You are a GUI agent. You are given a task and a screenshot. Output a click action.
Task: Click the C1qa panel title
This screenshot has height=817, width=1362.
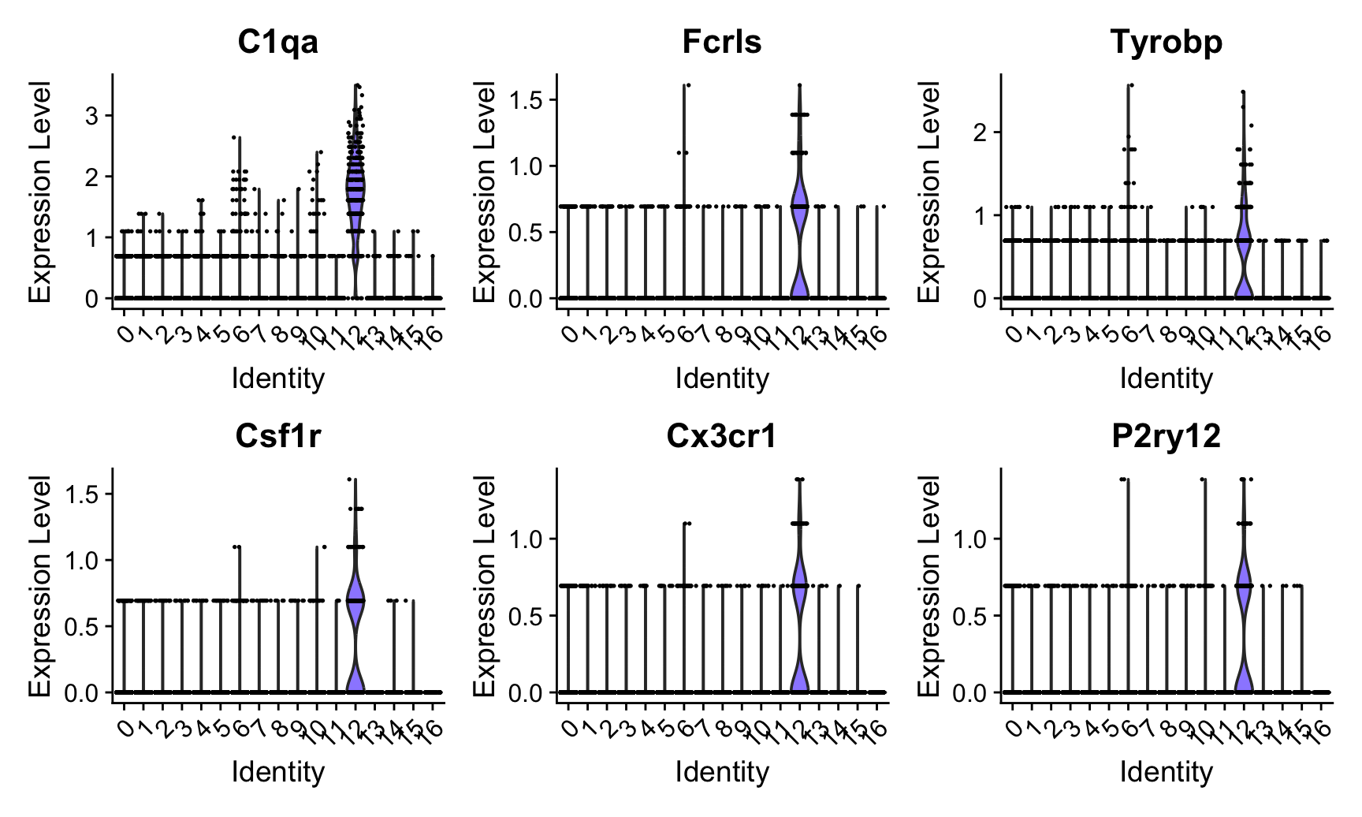278,42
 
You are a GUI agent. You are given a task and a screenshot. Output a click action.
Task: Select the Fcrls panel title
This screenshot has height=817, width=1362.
722,42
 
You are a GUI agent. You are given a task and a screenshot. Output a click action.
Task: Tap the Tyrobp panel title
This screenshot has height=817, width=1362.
1166,42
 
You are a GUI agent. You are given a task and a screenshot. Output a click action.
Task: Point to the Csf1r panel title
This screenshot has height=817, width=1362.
278,435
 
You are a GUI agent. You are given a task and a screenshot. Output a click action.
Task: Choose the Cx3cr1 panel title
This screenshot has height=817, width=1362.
722,435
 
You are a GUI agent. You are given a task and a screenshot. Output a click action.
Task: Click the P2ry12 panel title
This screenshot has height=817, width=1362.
1166,435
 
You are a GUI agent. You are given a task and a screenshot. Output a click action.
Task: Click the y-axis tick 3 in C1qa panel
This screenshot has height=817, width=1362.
93,116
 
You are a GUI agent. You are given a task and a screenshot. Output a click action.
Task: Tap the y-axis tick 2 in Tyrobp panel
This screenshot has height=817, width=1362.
981,132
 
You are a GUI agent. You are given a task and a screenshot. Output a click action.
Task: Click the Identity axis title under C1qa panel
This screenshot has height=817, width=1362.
278,379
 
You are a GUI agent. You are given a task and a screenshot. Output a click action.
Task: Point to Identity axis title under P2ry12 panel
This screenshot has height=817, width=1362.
1166,772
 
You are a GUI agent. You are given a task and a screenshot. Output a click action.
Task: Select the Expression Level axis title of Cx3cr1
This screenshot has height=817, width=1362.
484,585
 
